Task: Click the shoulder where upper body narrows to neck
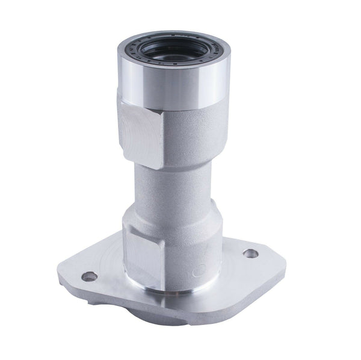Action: click(x=180, y=161)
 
